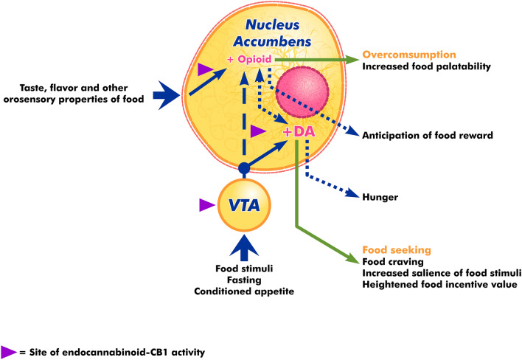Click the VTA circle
tap(244, 207)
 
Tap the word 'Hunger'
tap(380, 197)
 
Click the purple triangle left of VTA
tap(208, 207)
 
